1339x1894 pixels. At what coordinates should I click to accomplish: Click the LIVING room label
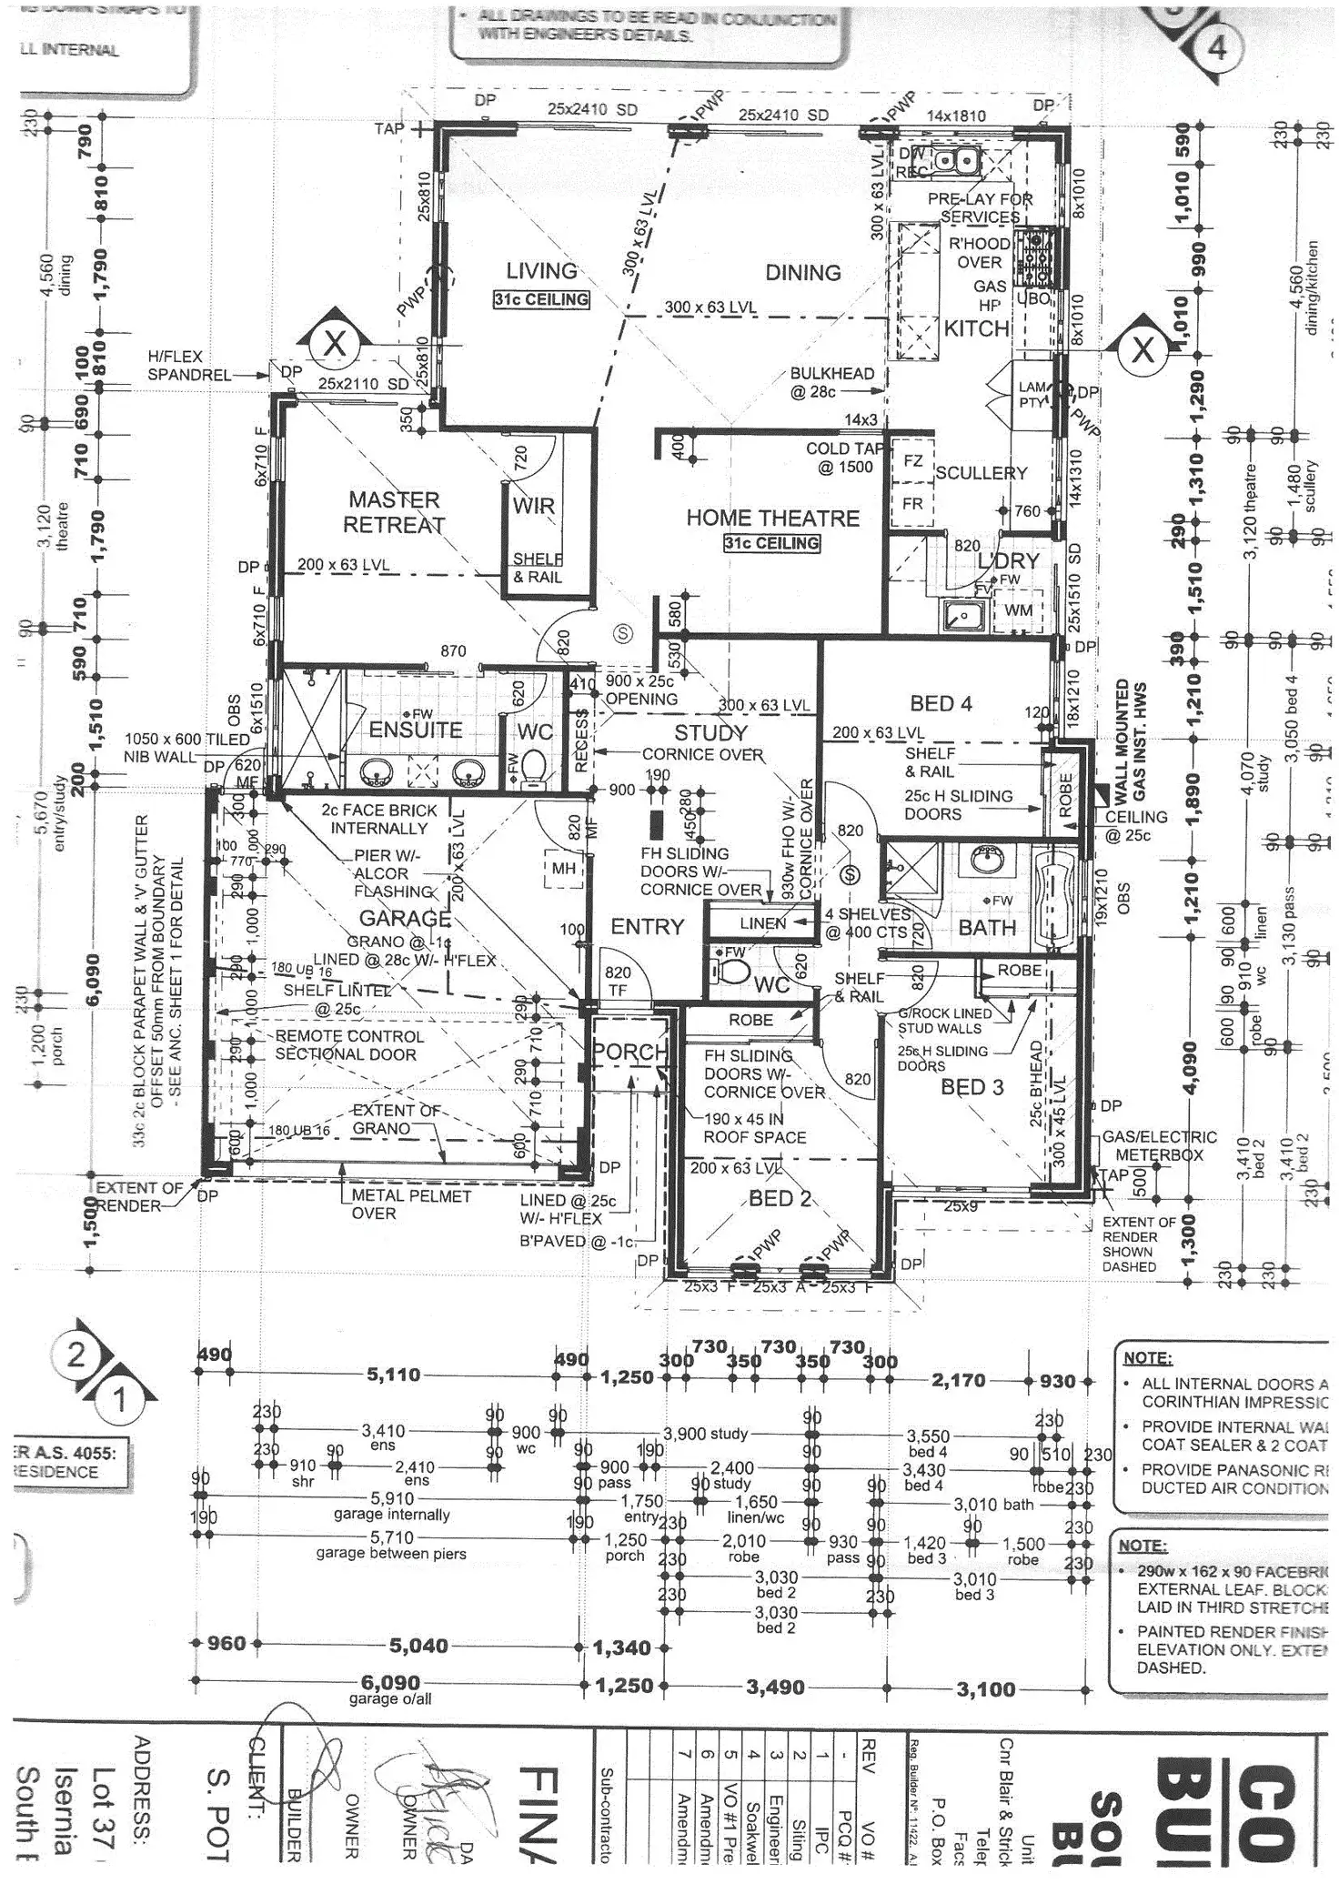click(541, 271)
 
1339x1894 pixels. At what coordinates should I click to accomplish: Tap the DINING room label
click(802, 273)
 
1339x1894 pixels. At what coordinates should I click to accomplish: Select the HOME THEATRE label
click(772, 519)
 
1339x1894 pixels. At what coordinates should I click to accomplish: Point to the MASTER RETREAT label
click(394, 512)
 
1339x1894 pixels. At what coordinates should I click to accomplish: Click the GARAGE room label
click(405, 918)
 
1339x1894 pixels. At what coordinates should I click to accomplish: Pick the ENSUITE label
click(416, 730)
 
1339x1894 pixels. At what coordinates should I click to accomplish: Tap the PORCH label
click(629, 1053)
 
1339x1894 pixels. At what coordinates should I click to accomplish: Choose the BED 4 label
click(941, 703)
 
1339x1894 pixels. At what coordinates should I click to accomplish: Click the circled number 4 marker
click(1216, 46)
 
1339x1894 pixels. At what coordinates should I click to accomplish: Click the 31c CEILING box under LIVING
click(541, 299)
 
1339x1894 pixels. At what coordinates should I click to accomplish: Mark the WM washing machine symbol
click(1018, 610)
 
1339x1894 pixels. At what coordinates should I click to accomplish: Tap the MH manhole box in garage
click(563, 869)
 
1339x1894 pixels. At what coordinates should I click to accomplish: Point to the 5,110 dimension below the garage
click(393, 1375)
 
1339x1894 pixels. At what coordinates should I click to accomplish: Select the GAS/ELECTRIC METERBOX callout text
click(1158, 1145)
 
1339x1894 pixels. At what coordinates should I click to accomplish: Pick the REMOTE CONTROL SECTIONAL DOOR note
click(349, 1045)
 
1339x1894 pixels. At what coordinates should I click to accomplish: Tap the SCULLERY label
click(981, 473)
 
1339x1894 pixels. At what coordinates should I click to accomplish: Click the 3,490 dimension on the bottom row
click(775, 1687)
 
